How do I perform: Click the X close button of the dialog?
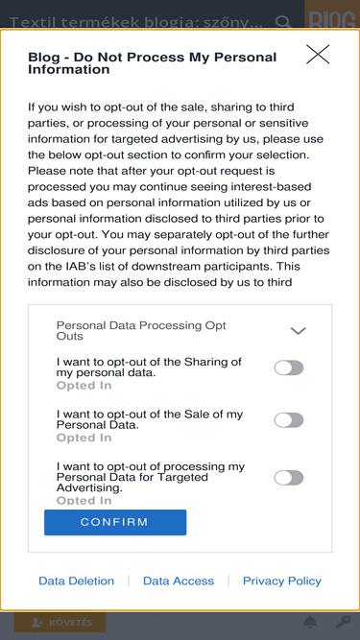pyautogui.click(x=318, y=55)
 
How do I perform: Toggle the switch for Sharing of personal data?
pyautogui.click(x=289, y=367)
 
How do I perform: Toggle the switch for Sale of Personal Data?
pyautogui.click(x=289, y=420)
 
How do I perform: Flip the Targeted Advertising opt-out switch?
pyautogui.click(x=289, y=478)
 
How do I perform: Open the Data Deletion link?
pyautogui.click(x=77, y=581)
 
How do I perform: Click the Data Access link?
pyautogui.click(x=179, y=581)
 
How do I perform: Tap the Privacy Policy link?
pyautogui.click(x=282, y=581)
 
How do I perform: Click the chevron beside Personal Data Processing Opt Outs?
pyautogui.click(x=298, y=331)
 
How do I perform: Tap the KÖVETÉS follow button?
pyautogui.click(x=60, y=623)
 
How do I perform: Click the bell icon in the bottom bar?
pyautogui.click(x=310, y=623)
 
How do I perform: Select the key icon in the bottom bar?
pyautogui.click(x=343, y=623)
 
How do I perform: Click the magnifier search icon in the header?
pyautogui.click(x=283, y=22)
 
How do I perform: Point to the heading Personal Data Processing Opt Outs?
pyautogui.click(x=141, y=331)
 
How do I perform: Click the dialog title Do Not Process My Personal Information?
pyautogui.click(x=153, y=63)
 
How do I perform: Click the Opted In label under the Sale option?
pyautogui.click(x=84, y=438)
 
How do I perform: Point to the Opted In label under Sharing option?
pyautogui.click(x=84, y=386)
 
